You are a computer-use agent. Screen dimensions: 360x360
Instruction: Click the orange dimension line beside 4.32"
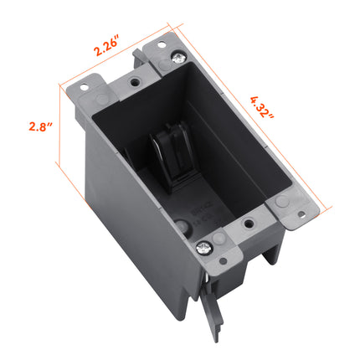(x=251, y=126)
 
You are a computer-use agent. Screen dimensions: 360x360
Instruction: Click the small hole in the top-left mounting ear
(x=85, y=85)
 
